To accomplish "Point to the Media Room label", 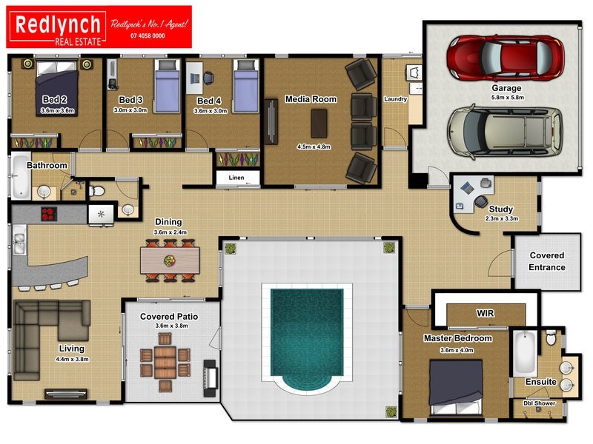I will coord(311,99).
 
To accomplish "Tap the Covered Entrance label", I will coord(546,261).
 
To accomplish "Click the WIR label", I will coord(485,313).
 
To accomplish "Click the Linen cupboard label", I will coord(236,178).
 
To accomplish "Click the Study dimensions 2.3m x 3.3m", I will coord(500,218).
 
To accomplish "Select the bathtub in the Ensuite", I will coord(524,354).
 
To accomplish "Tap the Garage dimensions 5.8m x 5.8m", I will coord(507,98).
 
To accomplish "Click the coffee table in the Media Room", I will coord(319,124).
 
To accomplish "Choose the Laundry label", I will coord(395,99).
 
